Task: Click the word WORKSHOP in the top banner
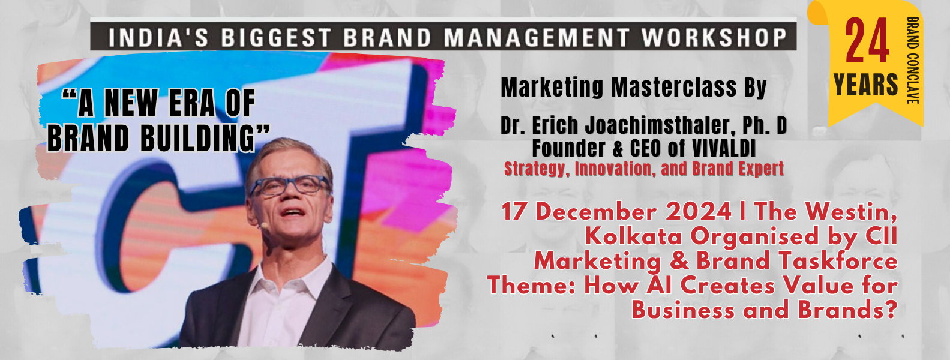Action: coord(715,37)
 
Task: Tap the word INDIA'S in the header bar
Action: coord(158,37)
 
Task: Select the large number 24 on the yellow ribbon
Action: coord(867,41)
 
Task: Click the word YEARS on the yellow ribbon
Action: coord(865,85)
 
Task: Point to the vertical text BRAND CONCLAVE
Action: coord(913,60)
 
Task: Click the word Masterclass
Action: coord(673,88)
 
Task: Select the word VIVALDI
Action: coord(724,148)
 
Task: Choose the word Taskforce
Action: coord(840,261)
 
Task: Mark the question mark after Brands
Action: coord(891,310)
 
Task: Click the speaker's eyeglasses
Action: coord(290,185)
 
